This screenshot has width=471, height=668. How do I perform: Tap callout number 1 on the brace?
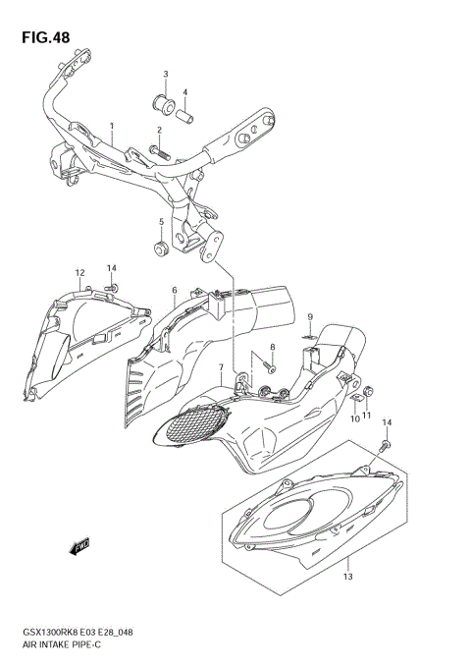pyautogui.click(x=112, y=127)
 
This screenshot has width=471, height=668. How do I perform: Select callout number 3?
pyautogui.click(x=166, y=75)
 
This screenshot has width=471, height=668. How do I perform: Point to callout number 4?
pyautogui.click(x=184, y=92)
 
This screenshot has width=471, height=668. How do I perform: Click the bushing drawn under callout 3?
pyautogui.click(x=165, y=101)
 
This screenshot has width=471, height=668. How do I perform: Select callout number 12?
pyautogui.click(x=79, y=272)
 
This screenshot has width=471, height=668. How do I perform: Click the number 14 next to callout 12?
pyautogui.click(x=112, y=268)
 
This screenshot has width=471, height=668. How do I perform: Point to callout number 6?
pyautogui.click(x=174, y=291)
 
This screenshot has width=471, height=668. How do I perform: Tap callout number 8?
pyautogui.click(x=273, y=348)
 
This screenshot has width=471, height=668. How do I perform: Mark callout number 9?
pyautogui.click(x=308, y=316)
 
